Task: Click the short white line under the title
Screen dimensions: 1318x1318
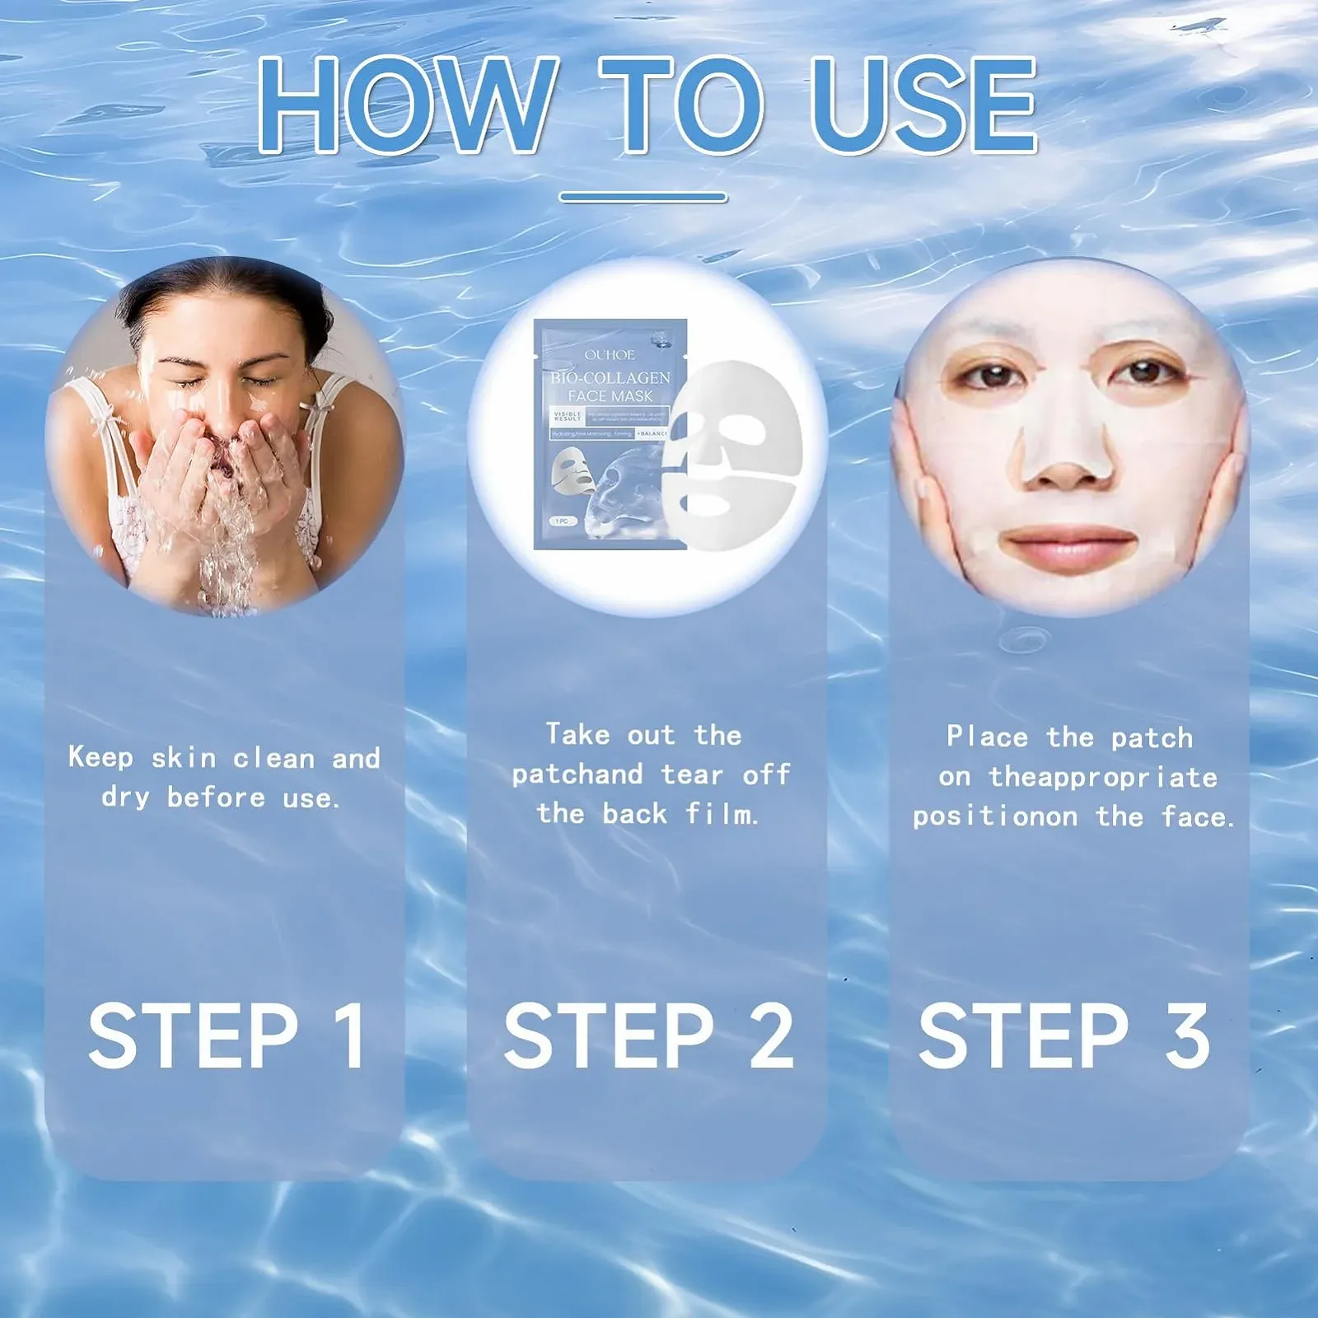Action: click(x=643, y=198)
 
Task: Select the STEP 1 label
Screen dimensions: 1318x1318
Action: click(x=227, y=1035)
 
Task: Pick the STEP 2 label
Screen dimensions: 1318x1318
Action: click(x=648, y=1035)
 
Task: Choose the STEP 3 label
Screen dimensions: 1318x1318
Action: click(x=1063, y=1035)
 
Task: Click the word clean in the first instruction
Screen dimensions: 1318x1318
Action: click(x=273, y=758)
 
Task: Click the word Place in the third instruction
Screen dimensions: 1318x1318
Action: click(x=987, y=736)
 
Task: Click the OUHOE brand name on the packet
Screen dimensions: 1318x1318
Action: click(x=610, y=355)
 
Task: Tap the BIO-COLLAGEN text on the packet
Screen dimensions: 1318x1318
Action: click(x=610, y=378)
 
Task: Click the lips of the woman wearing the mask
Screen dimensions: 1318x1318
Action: click(x=1069, y=547)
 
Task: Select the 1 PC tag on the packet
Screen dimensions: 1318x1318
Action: click(x=563, y=521)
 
